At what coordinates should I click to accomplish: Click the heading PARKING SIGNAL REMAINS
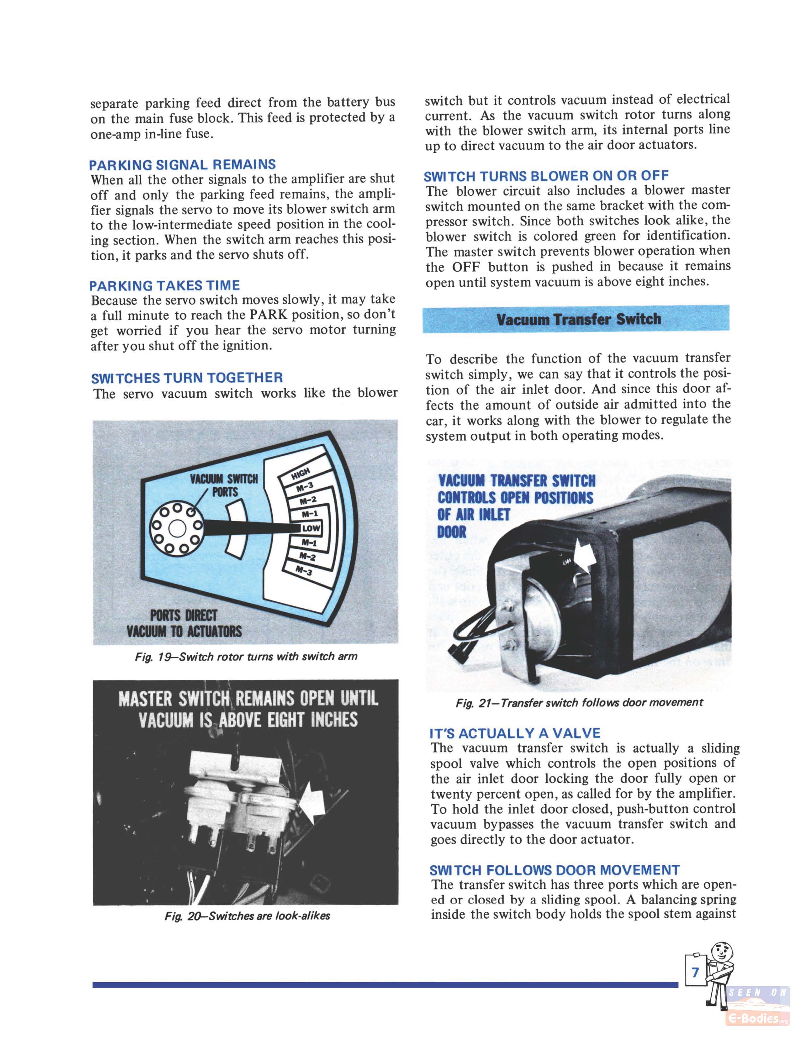pos(183,165)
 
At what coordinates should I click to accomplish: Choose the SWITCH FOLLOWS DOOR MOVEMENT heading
pos(554,870)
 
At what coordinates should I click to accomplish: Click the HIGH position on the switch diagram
pos(301,473)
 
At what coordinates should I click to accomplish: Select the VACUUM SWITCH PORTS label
pos(224,485)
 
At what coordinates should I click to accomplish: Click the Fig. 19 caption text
pos(246,657)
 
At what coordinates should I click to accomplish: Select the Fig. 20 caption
pos(247,916)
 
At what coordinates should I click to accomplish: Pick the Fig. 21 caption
pos(579,703)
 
